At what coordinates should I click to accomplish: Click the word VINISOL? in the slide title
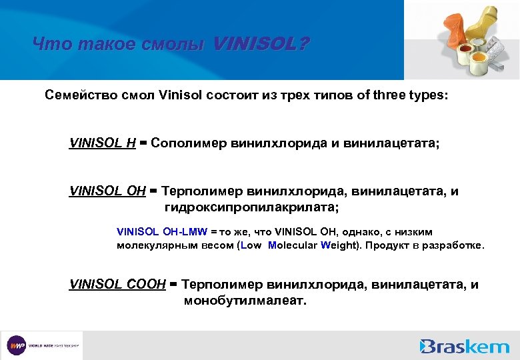pyautogui.click(x=261, y=45)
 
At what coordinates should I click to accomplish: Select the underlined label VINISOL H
pyautogui.click(x=103, y=143)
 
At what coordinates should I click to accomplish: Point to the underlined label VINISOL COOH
pyautogui.click(x=117, y=285)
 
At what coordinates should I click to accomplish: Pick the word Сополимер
pyautogui.click(x=189, y=143)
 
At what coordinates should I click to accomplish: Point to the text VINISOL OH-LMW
pyautogui.click(x=163, y=232)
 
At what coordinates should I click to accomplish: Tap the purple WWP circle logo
pyautogui.click(x=16, y=345)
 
